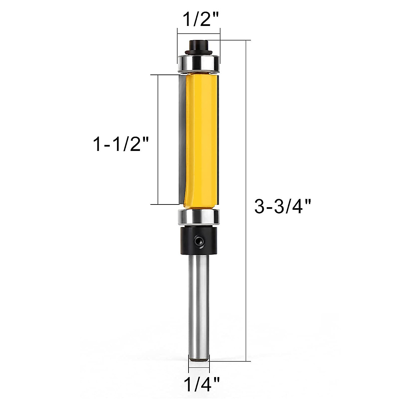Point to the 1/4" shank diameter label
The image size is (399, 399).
pos(199,383)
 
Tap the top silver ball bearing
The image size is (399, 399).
pos(199,63)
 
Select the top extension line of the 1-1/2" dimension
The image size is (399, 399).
pos(165,75)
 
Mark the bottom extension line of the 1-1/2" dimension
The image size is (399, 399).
pos(165,204)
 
